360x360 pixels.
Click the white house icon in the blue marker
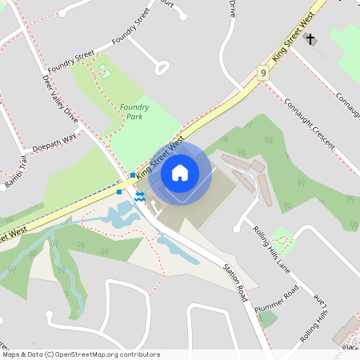(180, 172)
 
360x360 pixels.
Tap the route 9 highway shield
(263, 73)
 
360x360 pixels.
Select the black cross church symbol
(310, 40)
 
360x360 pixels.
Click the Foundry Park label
(134, 111)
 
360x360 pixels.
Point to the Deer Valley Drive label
(60, 98)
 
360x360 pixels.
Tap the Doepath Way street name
(54, 142)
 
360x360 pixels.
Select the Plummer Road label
(277, 298)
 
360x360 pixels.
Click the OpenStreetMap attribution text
(80, 354)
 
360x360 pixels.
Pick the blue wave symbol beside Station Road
(140, 197)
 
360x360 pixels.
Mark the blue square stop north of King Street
(133, 175)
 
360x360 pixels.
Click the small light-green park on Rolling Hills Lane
(280, 238)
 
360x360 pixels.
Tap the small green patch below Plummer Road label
(268, 318)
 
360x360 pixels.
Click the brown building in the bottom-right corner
(346, 328)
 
